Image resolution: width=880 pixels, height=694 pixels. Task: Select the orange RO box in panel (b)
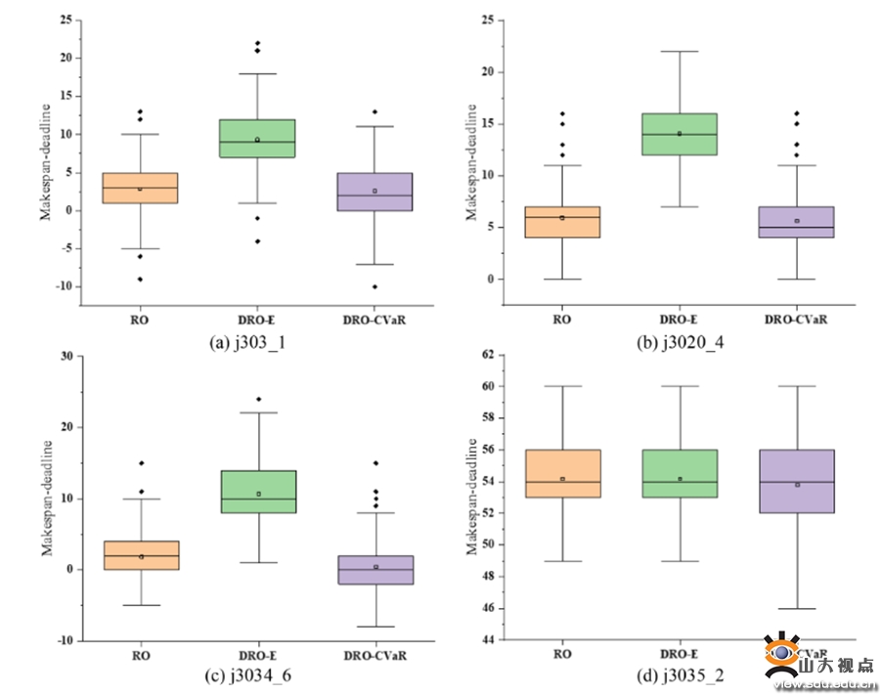point(562,222)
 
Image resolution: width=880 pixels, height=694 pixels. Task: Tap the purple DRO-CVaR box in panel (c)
point(375,570)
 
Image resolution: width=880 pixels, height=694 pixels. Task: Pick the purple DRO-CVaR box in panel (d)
point(798,481)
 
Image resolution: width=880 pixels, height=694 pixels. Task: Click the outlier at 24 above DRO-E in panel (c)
point(258,399)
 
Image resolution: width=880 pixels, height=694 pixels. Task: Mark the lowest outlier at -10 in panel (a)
point(375,286)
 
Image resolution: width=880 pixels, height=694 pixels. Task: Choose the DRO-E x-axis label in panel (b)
point(680,319)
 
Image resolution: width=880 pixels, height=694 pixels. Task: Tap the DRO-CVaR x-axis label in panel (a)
point(375,319)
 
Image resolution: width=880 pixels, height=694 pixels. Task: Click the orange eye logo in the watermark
point(783,654)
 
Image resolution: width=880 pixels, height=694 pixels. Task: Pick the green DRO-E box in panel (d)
point(680,473)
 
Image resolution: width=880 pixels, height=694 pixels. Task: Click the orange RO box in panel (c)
point(141,555)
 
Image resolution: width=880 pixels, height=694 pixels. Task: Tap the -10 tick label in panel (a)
point(65,286)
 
